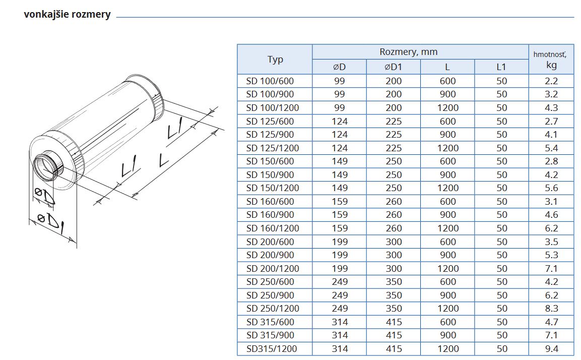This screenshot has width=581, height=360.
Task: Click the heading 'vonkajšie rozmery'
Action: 67,15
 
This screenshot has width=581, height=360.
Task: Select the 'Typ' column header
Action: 275,59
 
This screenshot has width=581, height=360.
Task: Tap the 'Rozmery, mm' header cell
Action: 408,52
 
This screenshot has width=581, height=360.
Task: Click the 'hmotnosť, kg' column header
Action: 551,59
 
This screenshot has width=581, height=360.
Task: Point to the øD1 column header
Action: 393,67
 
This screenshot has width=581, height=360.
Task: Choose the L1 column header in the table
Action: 501,67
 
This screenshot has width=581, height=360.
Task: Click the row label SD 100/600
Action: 270,81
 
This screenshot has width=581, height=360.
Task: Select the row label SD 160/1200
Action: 272,228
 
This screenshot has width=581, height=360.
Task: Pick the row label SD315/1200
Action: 272,348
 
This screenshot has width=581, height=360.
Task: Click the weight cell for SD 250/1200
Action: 551,309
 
